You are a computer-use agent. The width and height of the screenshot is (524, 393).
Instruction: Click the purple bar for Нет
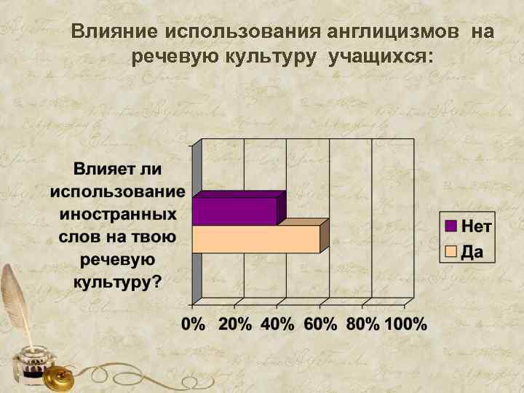(234, 211)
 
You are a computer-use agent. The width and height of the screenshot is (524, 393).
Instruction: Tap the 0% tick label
(193, 325)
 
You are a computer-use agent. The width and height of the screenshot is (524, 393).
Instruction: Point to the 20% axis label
(234, 325)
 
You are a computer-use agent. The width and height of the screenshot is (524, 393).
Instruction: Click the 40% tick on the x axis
(277, 325)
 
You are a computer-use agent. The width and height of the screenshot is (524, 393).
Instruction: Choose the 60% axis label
(320, 325)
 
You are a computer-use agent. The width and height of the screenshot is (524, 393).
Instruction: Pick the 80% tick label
(363, 325)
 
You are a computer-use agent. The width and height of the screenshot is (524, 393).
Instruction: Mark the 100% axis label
(406, 325)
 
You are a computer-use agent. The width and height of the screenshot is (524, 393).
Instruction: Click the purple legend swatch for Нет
(450, 226)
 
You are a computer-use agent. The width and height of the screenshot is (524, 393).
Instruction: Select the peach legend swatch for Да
(450, 253)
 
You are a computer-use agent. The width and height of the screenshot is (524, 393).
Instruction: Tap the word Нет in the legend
(477, 226)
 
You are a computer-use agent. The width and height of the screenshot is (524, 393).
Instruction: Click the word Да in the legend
(473, 253)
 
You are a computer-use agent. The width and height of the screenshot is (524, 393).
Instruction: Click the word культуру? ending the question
(116, 281)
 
